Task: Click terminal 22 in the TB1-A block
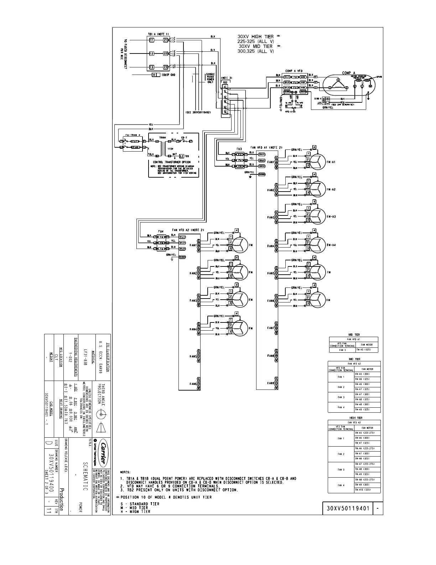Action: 165,54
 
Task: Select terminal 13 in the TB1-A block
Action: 151,67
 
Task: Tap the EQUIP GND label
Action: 168,75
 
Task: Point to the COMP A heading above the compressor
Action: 349,73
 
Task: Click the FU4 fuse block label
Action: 161,231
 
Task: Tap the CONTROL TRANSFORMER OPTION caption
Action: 172,162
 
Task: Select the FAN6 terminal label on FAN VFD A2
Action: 193,384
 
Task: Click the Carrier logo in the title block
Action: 102,453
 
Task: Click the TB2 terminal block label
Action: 224,82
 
